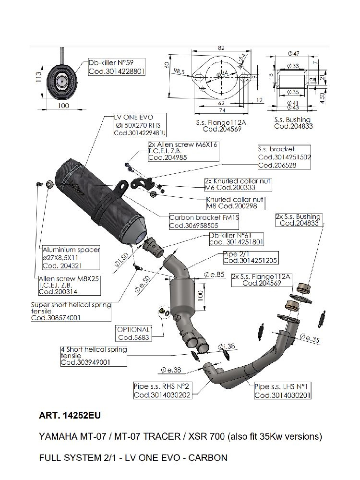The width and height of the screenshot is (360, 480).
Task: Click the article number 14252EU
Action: point(70,416)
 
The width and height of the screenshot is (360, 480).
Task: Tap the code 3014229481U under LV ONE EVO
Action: point(140,133)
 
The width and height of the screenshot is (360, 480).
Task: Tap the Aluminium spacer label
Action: point(71,258)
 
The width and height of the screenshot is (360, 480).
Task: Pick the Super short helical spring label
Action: point(71,311)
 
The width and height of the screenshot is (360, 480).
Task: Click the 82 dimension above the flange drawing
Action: point(221,48)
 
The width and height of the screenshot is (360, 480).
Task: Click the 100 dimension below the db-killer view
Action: point(63,106)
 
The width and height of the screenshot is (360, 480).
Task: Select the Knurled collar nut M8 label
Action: point(235,203)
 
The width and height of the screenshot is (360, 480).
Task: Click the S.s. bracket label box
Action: point(284,157)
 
